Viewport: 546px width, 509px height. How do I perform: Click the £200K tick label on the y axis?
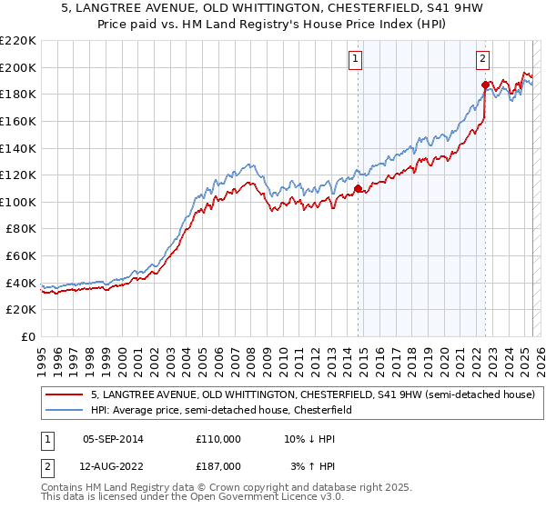coord(18,67)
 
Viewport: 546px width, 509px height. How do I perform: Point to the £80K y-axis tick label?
coord(21,229)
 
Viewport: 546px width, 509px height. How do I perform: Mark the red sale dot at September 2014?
coord(358,189)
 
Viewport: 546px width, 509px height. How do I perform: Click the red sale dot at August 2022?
coord(485,85)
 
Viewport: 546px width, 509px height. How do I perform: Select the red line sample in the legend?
coord(65,395)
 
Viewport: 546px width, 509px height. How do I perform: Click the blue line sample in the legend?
coord(65,411)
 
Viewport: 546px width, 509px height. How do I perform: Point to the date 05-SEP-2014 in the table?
coord(113,439)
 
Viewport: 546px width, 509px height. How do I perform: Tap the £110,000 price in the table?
coord(218,439)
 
